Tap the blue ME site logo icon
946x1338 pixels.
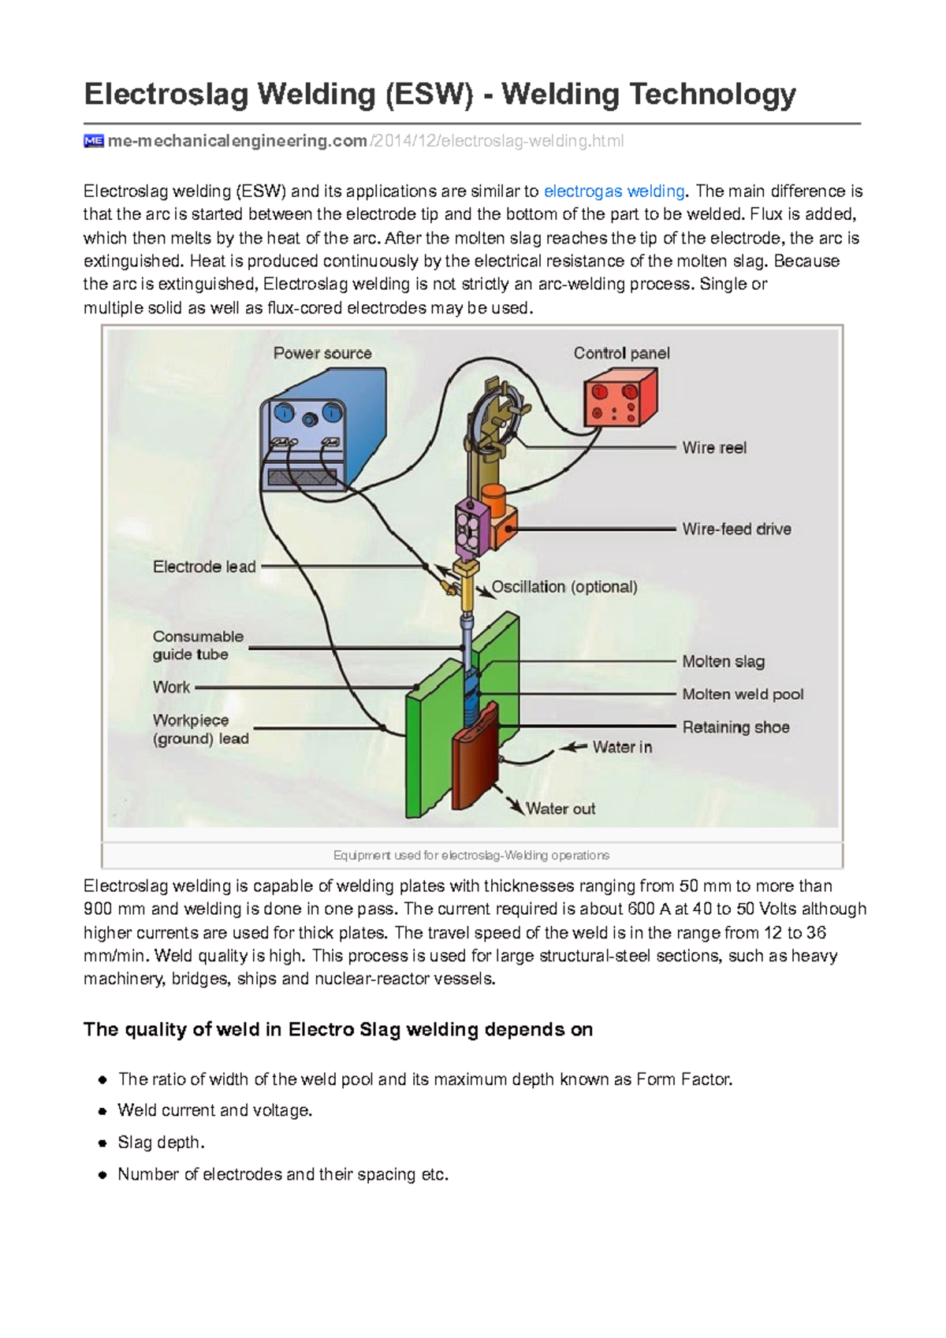tap(93, 141)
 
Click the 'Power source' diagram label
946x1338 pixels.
tap(322, 353)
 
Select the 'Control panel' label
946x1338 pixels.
tap(621, 353)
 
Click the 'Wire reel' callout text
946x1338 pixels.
tap(714, 448)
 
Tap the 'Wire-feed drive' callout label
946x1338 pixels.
tap(736, 529)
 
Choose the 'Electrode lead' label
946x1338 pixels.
tap(204, 567)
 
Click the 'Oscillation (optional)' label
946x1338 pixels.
tap(564, 587)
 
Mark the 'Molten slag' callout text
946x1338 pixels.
tap(723, 662)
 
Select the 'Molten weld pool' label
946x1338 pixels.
tap(743, 694)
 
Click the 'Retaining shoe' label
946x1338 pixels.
tap(736, 727)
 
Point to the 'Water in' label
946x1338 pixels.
tap(622, 747)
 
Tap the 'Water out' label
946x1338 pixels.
tap(561, 808)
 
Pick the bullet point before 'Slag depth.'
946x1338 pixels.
tap(102, 1143)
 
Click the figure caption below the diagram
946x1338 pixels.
tap(471, 855)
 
